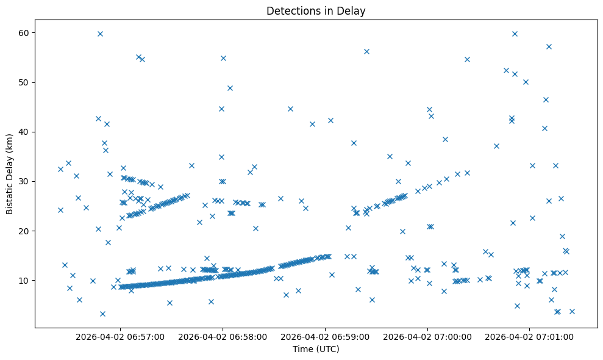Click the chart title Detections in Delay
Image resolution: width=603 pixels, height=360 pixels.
click(x=316, y=10)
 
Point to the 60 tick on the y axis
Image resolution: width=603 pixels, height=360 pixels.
click(x=25, y=32)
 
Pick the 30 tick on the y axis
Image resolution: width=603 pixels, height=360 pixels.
click(x=25, y=181)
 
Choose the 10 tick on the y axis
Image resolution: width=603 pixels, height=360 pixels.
click(x=25, y=280)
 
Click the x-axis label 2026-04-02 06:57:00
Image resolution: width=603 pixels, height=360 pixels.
click(x=120, y=336)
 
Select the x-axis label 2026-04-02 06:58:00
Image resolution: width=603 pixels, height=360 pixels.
click(x=223, y=336)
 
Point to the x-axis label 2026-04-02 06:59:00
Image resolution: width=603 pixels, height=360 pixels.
click(x=325, y=336)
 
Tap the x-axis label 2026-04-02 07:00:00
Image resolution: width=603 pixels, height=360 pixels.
click(x=427, y=336)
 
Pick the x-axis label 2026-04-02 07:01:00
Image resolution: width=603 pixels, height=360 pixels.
click(x=529, y=336)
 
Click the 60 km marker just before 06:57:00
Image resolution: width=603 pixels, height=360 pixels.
click(x=100, y=34)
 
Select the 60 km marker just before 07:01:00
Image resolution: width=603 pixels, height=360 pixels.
click(x=515, y=34)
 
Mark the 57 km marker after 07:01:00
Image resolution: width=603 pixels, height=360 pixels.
click(x=549, y=46)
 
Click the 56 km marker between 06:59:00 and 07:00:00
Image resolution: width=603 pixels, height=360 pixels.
click(x=366, y=51)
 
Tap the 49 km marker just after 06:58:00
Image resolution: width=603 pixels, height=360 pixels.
click(x=230, y=88)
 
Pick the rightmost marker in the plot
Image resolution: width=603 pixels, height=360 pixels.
click(x=572, y=311)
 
